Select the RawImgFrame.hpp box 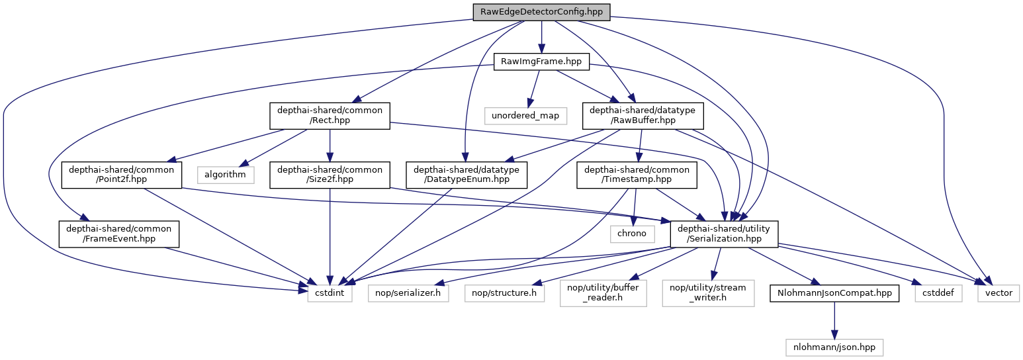coord(541,62)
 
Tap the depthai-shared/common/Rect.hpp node coord(330,116)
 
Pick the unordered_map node coord(525,116)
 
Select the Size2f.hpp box coord(330,175)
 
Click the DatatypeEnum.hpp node coord(466,175)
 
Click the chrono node coord(632,234)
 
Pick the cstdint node coord(330,292)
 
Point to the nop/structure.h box coord(504,292)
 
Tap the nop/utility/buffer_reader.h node coord(603,292)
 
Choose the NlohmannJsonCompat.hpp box coord(834,292)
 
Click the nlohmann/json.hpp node coord(834,346)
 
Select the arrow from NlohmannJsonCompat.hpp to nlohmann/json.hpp coord(834,319)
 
